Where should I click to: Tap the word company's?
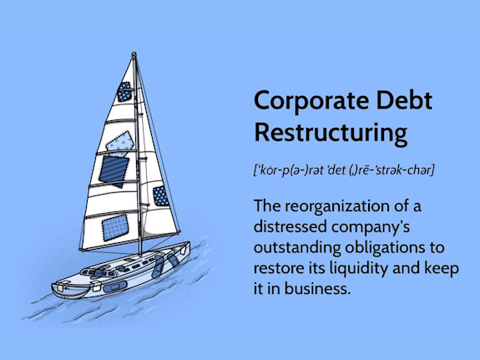coord(370,228)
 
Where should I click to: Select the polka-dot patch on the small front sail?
coord(159,197)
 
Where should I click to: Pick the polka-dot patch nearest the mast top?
coord(124,92)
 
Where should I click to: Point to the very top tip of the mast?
coord(134,54)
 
